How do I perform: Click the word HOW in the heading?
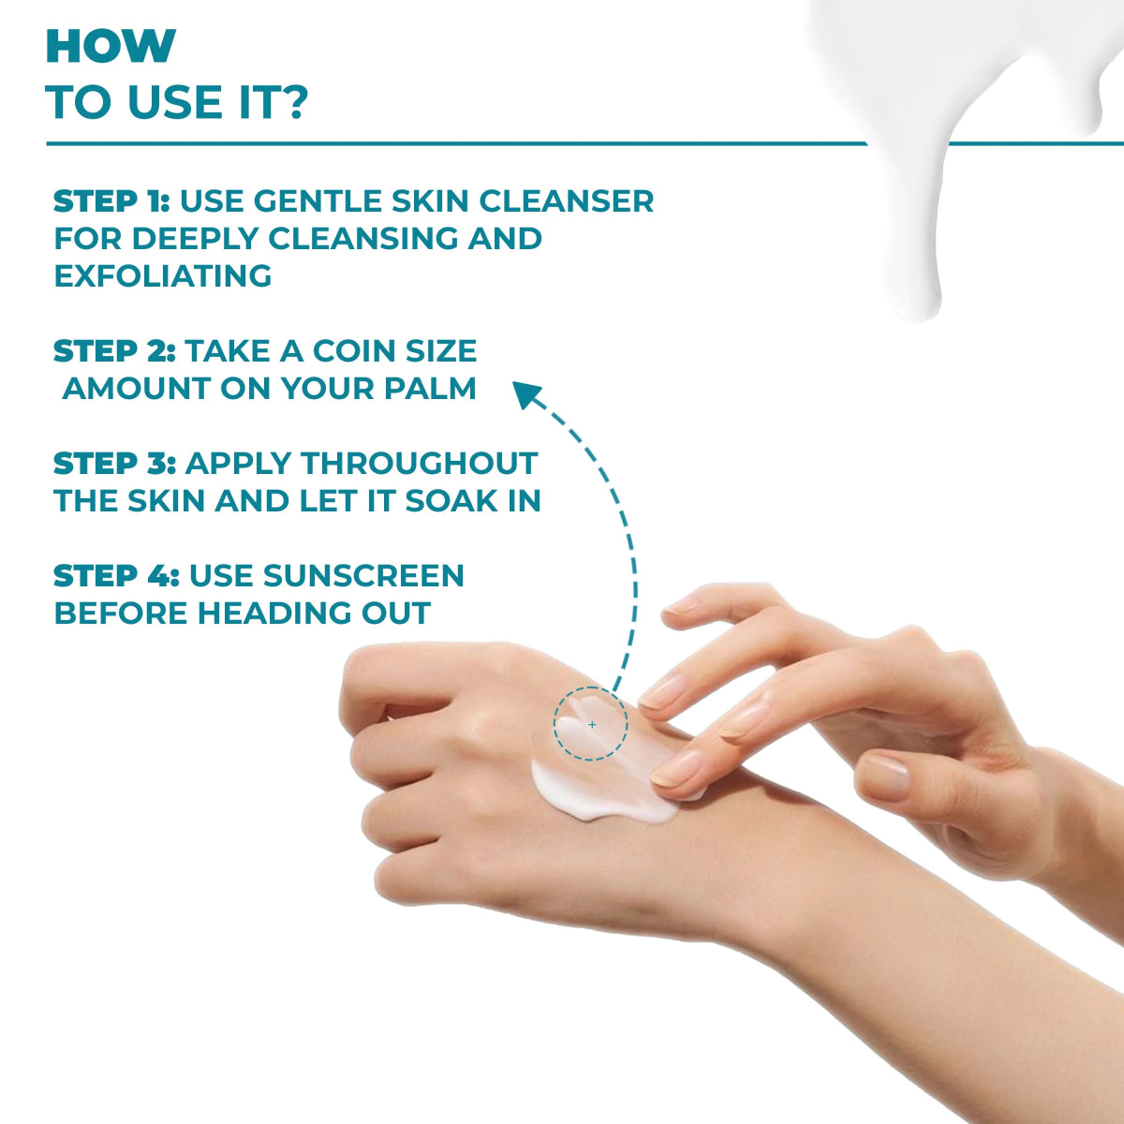[x=111, y=47]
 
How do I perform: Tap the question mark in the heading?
[x=293, y=102]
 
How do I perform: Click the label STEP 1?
[x=111, y=201]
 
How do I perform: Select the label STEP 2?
[x=114, y=351]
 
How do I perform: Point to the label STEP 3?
[x=114, y=464]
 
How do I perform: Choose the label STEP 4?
[x=116, y=576]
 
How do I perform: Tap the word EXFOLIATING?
[x=163, y=276]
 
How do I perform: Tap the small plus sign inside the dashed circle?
[x=591, y=724]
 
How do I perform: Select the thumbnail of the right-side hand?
[x=883, y=776]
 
